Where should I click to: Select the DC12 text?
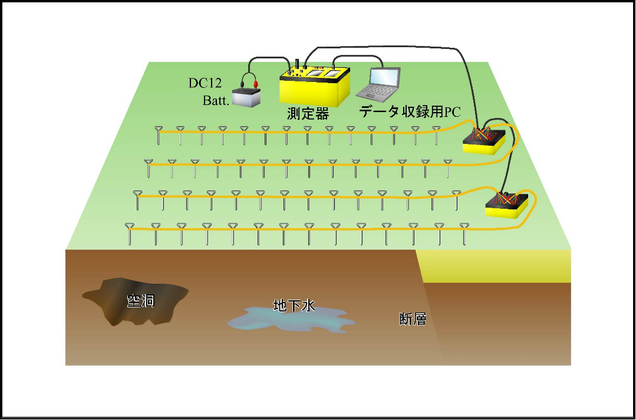(205, 83)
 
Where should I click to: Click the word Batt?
(216, 101)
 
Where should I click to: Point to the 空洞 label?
(141, 301)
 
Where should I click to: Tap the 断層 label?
(413, 319)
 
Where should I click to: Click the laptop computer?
(378, 83)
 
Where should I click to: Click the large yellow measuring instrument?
(314, 86)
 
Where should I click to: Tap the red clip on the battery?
(256, 84)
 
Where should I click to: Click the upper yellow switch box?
(484, 142)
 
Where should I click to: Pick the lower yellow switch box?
(506, 206)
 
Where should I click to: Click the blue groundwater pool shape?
(291, 320)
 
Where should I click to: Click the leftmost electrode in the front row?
(130, 234)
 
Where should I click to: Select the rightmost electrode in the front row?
(464, 234)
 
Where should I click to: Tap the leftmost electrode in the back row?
(159, 135)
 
